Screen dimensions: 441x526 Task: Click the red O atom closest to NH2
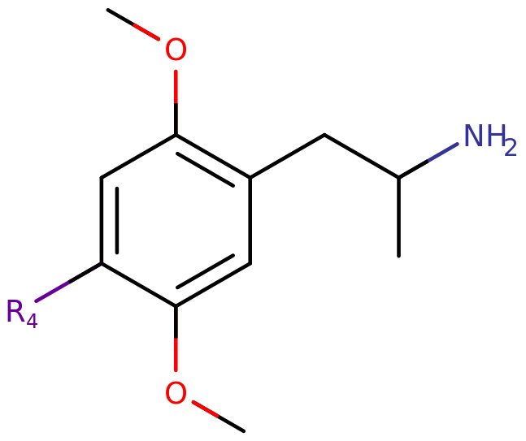(176, 50)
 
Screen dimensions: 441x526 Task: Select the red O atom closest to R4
(176, 394)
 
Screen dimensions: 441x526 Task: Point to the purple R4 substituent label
(20, 312)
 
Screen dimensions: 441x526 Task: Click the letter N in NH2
(474, 136)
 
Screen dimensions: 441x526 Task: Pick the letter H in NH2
(494, 136)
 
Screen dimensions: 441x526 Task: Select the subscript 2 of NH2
(511, 149)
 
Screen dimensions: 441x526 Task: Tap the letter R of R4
(15, 310)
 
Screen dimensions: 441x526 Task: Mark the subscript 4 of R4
(32, 321)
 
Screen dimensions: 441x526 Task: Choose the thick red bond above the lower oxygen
(176, 355)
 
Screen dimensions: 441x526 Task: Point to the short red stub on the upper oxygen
(147, 32)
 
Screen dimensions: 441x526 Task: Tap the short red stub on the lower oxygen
(205, 409)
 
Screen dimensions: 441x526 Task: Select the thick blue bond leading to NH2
(443, 153)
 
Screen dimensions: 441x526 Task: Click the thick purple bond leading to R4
(52, 292)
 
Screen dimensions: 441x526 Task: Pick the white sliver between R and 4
(27, 305)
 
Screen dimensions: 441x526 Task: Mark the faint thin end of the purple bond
(86, 272)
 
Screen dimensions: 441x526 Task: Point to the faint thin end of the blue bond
(413, 169)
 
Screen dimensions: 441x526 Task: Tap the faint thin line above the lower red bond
(177, 320)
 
